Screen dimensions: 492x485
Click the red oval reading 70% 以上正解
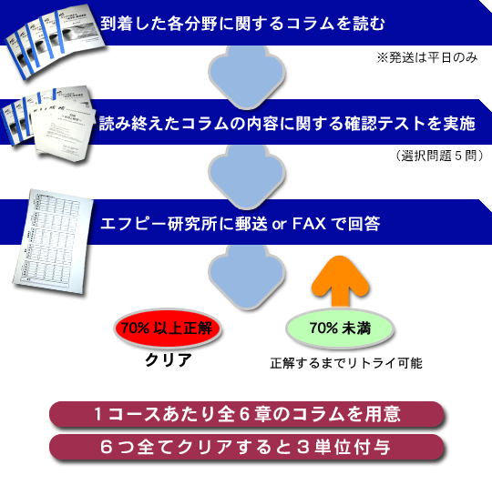[x=168, y=328]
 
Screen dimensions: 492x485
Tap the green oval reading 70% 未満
[x=340, y=328]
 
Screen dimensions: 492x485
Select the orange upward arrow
[x=341, y=280]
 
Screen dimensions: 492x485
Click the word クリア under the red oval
[x=169, y=360]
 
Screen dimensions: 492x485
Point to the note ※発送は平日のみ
[x=427, y=57]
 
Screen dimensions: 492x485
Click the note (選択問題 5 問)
[x=440, y=156]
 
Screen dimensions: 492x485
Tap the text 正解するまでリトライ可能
[x=346, y=363]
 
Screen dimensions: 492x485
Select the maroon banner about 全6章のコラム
[x=247, y=414]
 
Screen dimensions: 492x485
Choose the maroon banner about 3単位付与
[x=247, y=447]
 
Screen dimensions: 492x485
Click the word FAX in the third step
[x=309, y=224]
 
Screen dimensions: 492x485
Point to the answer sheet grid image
[x=54, y=241]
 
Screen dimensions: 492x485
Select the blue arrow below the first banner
[x=247, y=76]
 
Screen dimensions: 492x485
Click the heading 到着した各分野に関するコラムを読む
[x=242, y=24]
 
